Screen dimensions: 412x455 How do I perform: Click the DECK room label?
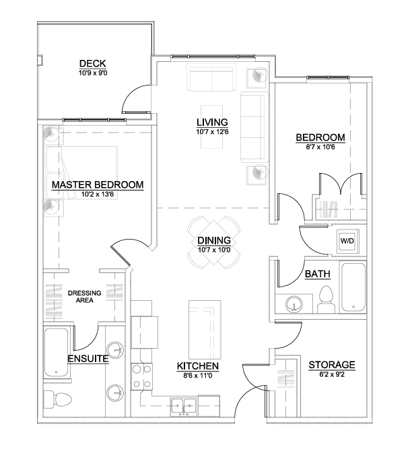pos(92,63)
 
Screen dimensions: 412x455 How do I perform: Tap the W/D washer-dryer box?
pos(347,240)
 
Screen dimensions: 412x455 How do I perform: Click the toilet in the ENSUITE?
pos(57,399)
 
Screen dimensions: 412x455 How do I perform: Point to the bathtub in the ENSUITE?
pos(56,352)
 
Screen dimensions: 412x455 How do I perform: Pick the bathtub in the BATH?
pos(353,287)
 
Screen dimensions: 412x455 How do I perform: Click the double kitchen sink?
pos(183,407)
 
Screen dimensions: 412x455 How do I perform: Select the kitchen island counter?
pos(205,329)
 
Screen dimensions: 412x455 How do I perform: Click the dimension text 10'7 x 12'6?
pos(212,132)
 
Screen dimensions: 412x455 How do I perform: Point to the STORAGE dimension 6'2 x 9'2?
pos(332,374)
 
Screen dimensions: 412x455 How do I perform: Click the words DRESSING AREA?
pos(84,297)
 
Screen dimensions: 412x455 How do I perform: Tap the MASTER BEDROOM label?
pos(98,185)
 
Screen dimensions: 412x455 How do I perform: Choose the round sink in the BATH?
pos(294,304)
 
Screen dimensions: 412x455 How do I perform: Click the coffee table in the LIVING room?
pos(212,127)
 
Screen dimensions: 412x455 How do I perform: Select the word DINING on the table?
pos(214,240)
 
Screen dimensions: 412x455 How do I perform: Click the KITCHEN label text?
pos(198,366)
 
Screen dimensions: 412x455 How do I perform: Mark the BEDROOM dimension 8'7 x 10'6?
pos(320,147)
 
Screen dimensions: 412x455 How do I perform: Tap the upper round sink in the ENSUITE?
pos(115,349)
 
